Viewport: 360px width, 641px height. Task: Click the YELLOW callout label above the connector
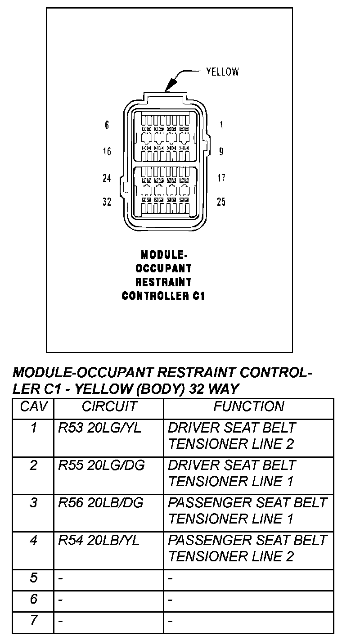coord(222,72)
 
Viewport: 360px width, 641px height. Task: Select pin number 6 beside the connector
coord(107,125)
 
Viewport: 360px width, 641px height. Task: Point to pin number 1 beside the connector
coord(221,125)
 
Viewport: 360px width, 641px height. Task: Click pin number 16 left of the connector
coord(107,151)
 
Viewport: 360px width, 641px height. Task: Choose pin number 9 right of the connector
coord(221,152)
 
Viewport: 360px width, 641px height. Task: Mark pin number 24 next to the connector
coord(107,178)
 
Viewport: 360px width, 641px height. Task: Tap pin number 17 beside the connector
coord(221,178)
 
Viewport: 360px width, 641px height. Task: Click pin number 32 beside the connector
coord(107,202)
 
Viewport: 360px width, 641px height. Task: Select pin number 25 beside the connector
coord(221,202)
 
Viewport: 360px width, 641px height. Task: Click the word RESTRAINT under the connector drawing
coord(163,282)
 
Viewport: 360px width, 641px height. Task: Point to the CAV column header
coord(33,407)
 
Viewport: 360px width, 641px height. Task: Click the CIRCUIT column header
coord(109,407)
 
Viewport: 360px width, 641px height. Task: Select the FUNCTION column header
coord(248,407)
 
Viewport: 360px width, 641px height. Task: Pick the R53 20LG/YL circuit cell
coord(99,428)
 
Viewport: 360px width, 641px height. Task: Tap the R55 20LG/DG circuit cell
coord(101,465)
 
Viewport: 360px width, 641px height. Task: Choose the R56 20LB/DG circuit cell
coord(100,503)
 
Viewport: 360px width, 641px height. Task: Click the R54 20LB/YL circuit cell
coord(99,540)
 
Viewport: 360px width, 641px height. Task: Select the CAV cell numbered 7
coord(33,621)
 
